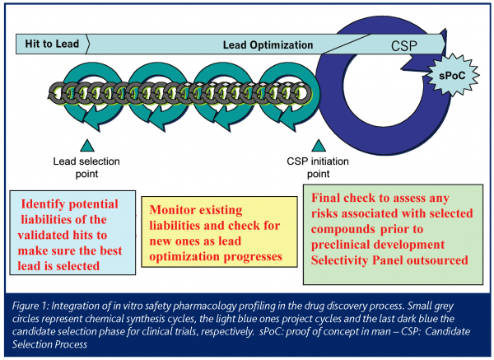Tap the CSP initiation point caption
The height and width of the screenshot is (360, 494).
[317, 168]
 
